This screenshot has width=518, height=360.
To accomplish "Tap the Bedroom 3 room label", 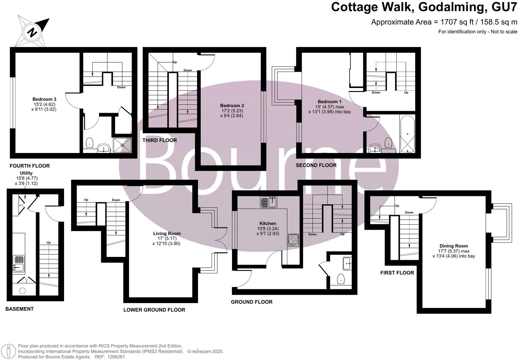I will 44,99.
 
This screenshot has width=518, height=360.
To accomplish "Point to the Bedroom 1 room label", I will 329,102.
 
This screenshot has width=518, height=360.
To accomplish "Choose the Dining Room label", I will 453,246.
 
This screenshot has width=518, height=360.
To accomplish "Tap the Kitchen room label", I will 268,223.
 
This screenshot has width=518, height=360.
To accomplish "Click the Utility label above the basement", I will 26,173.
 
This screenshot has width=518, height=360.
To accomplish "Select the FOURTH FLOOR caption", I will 30,166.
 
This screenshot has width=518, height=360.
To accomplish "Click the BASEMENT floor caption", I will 19,309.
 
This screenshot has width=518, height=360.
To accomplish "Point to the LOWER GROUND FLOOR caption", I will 154,310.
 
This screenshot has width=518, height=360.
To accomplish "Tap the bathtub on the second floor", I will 407,134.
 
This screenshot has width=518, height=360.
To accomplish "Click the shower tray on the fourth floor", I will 122,145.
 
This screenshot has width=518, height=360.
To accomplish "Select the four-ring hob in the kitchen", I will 293,240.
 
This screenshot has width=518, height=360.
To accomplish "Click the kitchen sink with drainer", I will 269,202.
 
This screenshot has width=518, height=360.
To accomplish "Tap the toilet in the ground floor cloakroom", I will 341,279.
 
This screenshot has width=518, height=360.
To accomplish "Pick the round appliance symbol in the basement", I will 22,291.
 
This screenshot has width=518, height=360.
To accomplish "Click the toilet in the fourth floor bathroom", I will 89,144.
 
